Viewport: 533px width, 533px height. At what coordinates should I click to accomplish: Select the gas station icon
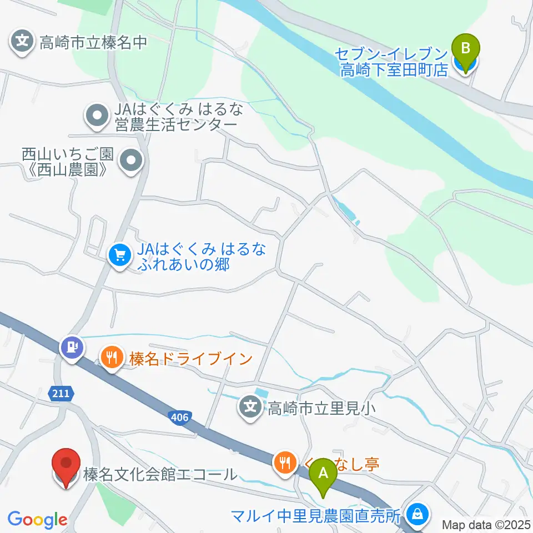click(73, 348)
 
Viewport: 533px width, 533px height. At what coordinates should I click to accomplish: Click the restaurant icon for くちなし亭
click(285, 462)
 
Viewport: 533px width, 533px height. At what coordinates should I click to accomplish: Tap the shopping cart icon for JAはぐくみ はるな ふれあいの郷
click(119, 256)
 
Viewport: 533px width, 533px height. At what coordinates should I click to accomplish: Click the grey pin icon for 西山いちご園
click(132, 162)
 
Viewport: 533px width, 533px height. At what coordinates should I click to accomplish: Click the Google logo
click(37, 520)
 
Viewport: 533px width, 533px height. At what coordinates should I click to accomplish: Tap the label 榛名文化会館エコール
click(160, 475)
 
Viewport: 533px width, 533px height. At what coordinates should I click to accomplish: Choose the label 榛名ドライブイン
click(191, 359)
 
